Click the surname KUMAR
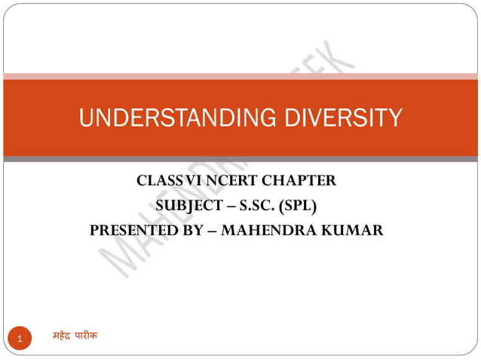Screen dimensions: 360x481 click(354, 230)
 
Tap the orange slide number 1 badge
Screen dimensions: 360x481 click(20, 338)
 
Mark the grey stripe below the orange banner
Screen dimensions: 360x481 click(240, 159)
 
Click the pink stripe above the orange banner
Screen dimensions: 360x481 click(240, 76)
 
